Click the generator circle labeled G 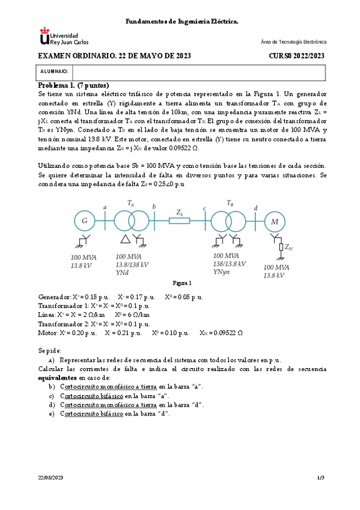(x=84, y=221)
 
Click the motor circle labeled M (x=276, y=221)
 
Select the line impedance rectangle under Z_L (x=179, y=221)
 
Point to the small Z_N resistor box (x=279, y=247)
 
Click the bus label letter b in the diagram (x=154, y=207)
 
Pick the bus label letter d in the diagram (x=255, y=207)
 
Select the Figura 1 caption (x=182, y=283)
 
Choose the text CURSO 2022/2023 (x=296, y=56)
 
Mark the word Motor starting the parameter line (x=47, y=332)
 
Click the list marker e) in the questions (x=52, y=414)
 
